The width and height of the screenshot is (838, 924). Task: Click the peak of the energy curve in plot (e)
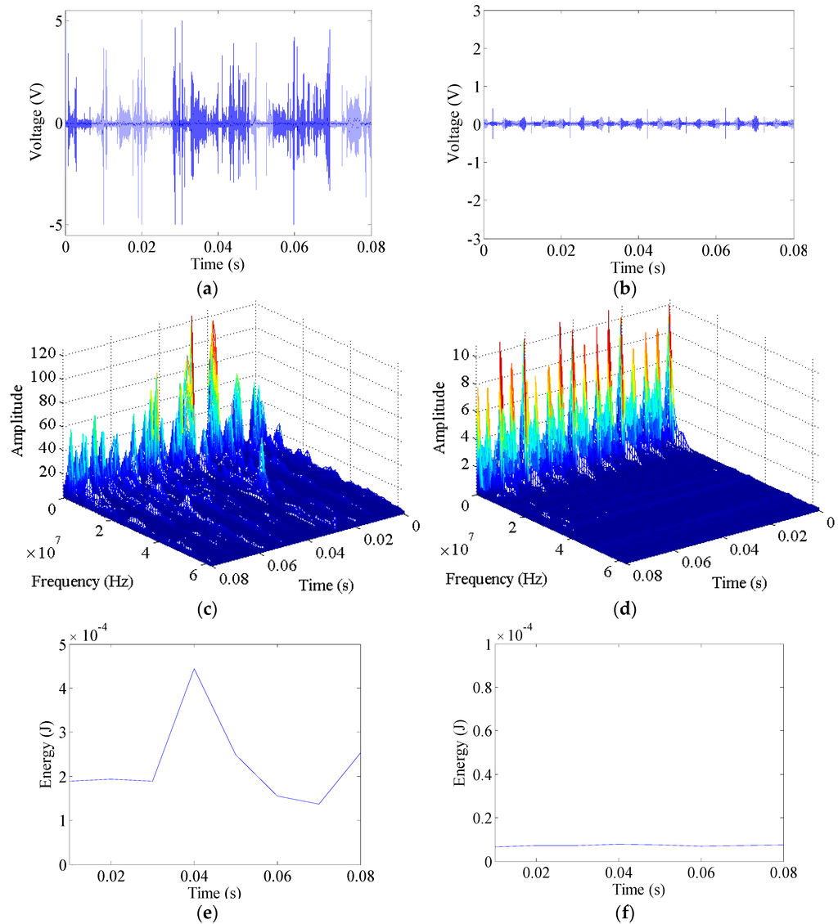194,668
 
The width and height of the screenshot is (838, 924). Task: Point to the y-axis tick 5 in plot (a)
58,22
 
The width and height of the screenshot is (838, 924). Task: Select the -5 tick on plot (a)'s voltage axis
55,225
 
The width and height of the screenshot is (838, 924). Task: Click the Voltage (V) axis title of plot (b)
451,124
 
